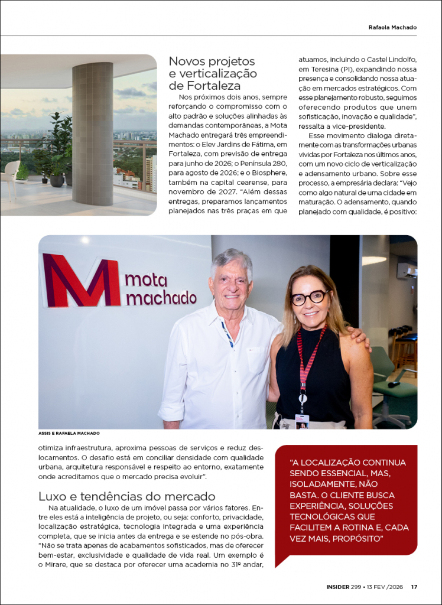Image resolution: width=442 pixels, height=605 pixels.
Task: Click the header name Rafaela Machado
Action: click(392, 27)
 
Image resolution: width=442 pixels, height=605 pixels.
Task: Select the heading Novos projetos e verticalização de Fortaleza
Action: click(213, 73)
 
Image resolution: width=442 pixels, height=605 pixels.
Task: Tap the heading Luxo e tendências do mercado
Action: click(126, 496)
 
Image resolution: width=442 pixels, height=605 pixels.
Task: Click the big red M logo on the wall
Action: click(81, 280)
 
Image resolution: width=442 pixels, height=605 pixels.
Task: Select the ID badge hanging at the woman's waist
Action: click(302, 420)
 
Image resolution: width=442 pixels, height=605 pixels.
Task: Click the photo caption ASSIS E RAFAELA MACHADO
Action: click(69, 433)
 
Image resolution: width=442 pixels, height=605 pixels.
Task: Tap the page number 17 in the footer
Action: click(414, 587)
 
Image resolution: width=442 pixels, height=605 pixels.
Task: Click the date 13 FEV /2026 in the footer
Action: click(385, 587)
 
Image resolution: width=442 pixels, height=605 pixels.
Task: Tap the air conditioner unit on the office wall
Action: click(407, 269)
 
